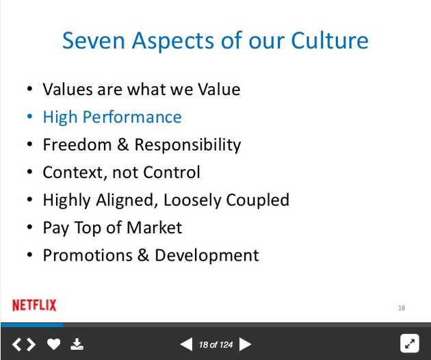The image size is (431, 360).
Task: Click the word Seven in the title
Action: tap(94, 40)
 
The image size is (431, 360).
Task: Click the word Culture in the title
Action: tap(330, 40)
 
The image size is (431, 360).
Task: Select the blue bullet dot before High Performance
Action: tap(29, 116)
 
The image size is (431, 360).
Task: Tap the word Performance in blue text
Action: tap(132, 118)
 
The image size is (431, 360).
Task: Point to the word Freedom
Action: tap(77, 144)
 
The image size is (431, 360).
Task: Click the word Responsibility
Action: tap(187, 145)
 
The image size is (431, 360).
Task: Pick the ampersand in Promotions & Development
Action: tap(143, 255)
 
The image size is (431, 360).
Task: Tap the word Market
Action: tap(154, 227)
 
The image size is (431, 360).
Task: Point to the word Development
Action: tap(207, 255)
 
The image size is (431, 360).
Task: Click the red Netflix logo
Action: tap(34, 305)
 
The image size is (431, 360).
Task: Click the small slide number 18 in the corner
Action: tap(402, 308)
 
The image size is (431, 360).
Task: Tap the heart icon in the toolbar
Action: tap(53, 344)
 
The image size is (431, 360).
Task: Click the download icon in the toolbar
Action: tap(77, 344)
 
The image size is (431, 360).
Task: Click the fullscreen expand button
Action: tap(410, 343)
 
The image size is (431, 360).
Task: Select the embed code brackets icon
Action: tap(24, 344)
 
